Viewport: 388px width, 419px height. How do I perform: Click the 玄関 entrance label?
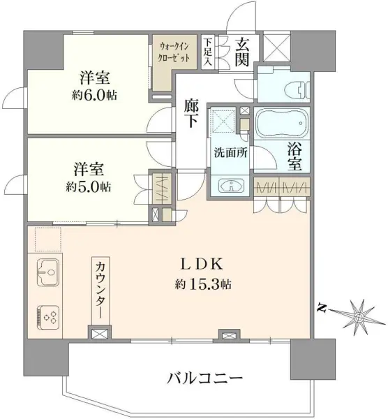(242, 52)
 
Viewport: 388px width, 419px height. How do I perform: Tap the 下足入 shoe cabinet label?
(208, 52)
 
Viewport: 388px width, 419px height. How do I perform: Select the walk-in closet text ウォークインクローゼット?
(174, 52)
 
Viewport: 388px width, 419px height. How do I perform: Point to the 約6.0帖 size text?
(94, 95)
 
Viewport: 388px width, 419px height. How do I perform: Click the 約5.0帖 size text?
(89, 186)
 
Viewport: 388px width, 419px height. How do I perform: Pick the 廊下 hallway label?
(191, 115)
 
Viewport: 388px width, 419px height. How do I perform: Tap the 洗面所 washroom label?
(231, 152)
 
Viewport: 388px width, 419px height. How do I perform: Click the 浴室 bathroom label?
(294, 156)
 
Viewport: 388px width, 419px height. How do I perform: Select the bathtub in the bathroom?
(282, 123)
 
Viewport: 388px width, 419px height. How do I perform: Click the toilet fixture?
(297, 89)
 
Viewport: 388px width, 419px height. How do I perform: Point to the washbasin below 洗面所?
(231, 186)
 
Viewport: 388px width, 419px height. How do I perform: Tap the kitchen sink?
(48, 272)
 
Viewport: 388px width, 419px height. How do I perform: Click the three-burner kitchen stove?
(48, 317)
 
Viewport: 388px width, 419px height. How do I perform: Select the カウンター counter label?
(100, 290)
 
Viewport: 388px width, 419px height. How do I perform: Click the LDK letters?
(202, 265)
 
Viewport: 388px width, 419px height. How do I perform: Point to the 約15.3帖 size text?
(203, 285)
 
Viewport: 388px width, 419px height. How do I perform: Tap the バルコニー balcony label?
(205, 378)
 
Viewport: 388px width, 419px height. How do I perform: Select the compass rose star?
(358, 317)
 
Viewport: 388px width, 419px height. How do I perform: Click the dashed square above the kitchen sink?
(48, 239)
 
